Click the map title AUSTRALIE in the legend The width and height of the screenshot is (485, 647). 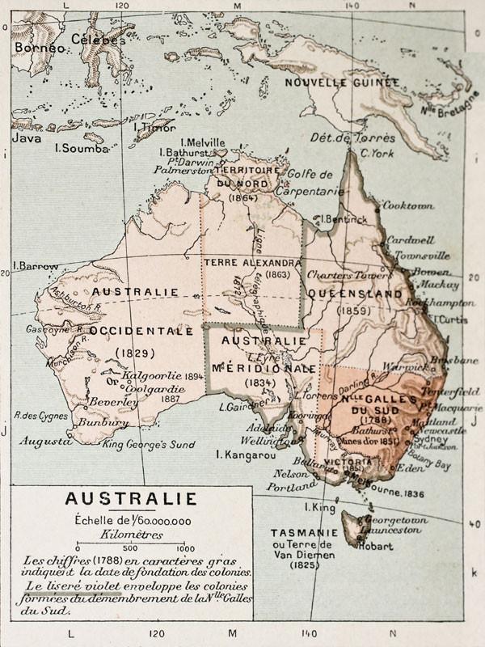130,499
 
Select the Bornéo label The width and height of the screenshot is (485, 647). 38,48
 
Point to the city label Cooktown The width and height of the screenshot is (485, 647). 407,205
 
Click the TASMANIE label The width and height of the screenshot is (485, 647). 305,533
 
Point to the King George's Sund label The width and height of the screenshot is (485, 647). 149,444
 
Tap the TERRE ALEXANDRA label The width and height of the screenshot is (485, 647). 252,263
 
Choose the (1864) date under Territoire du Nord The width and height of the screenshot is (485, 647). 242,197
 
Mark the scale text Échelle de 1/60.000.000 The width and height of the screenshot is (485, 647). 132,520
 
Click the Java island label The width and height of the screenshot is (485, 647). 26,138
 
